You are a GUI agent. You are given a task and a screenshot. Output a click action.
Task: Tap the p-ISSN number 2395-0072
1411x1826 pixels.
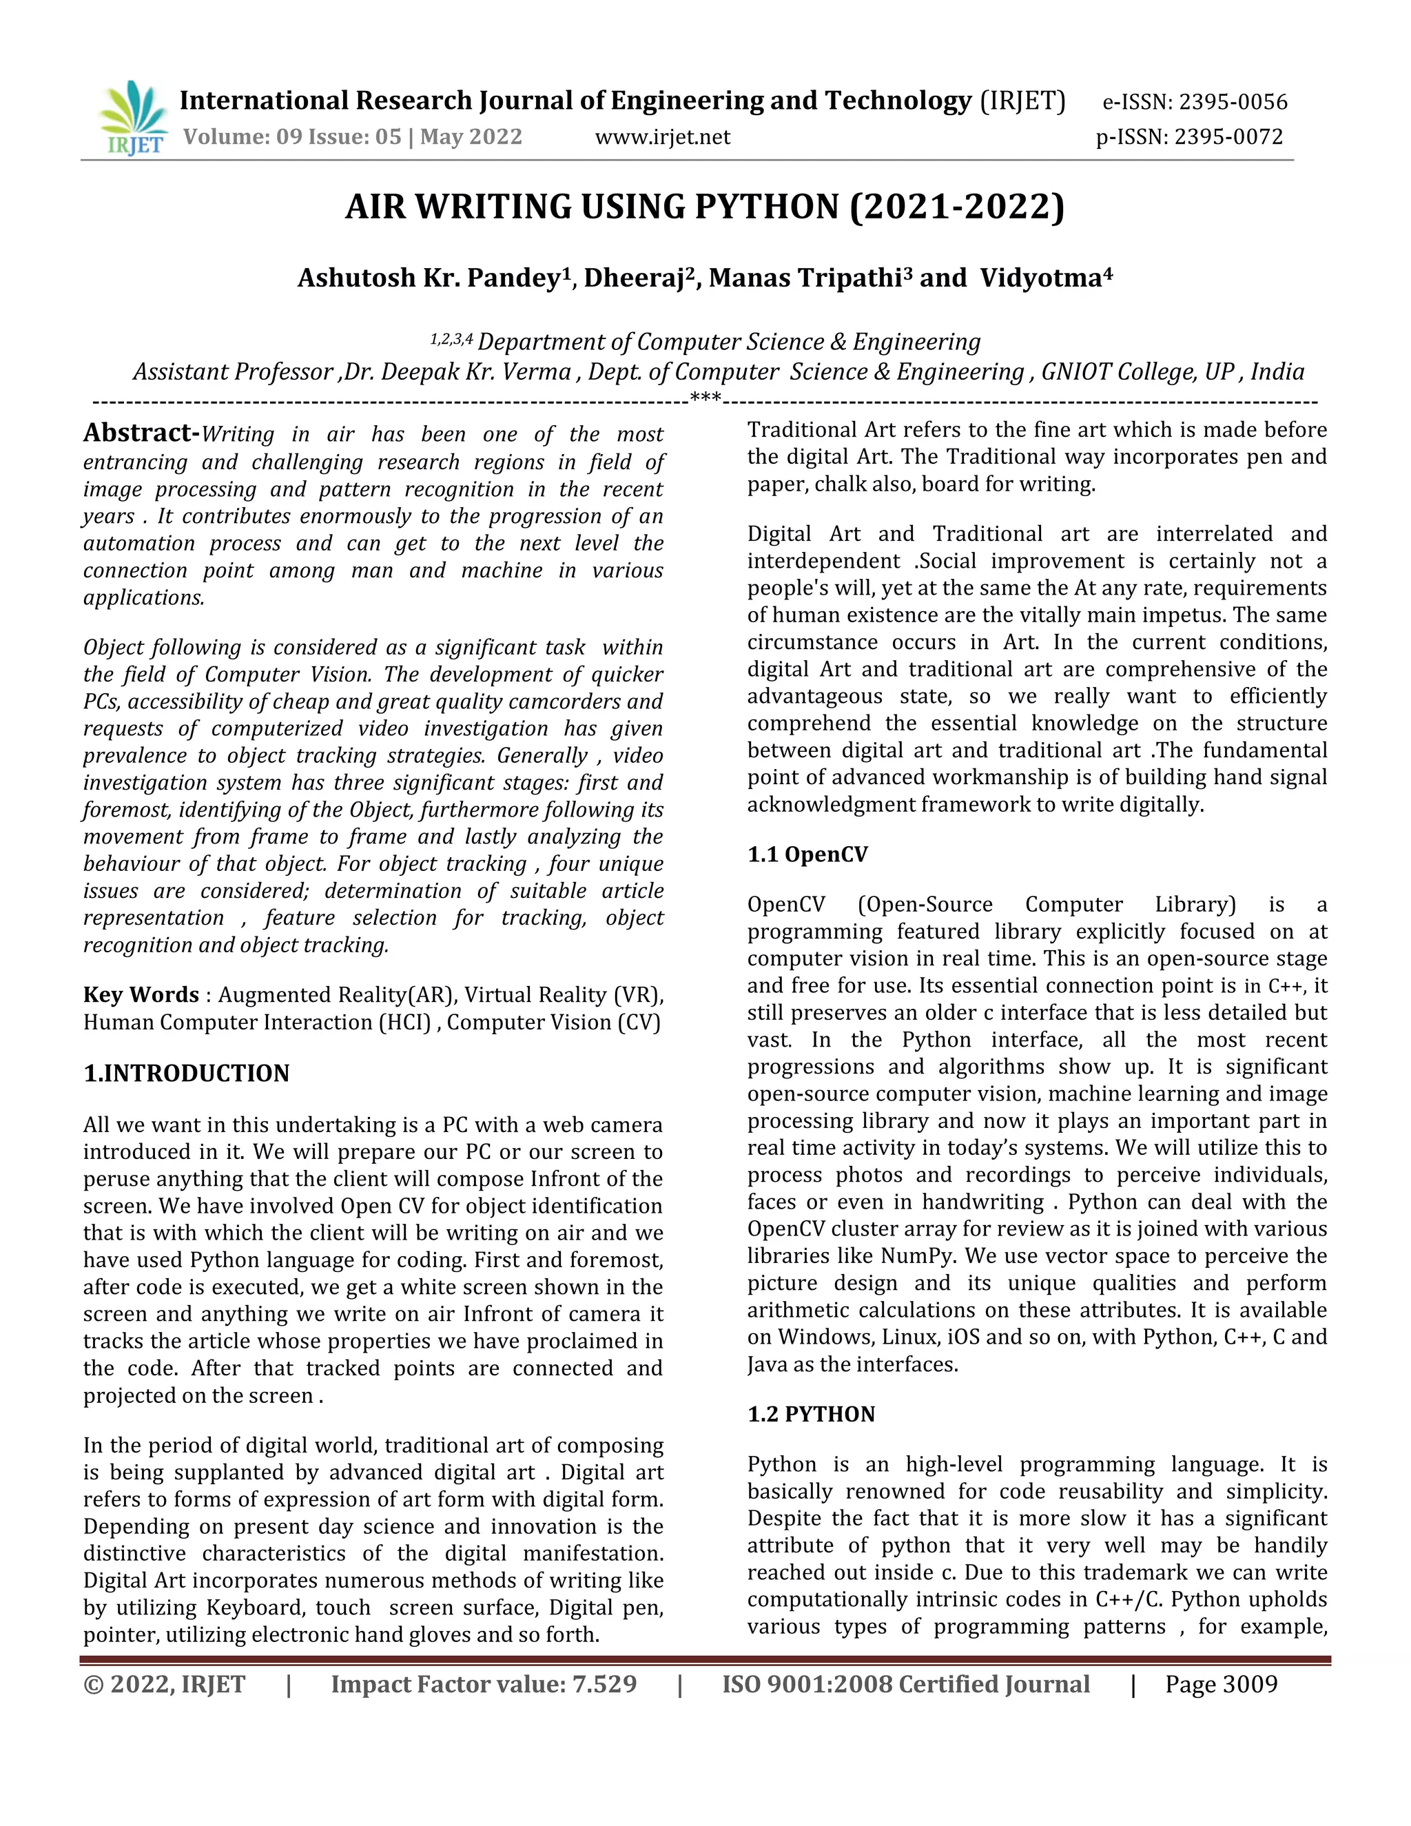pyautogui.click(x=1228, y=137)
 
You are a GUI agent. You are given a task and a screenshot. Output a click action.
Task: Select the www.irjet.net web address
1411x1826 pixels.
pyautogui.click(x=662, y=137)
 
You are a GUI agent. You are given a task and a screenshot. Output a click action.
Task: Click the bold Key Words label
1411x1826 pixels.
pyautogui.click(x=141, y=995)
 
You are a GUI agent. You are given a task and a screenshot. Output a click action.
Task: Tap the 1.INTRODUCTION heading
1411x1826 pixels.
pyautogui.click(x=187, y=1074)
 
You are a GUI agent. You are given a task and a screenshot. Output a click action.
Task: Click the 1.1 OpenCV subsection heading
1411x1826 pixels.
pyautogui.click(x=807, y=854)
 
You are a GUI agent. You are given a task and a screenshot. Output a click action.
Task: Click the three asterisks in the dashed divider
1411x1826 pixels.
pyautogui.click(x=705, y=399)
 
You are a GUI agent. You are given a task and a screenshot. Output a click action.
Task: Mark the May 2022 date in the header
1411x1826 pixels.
pyautogui.click(x=471, y=137)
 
